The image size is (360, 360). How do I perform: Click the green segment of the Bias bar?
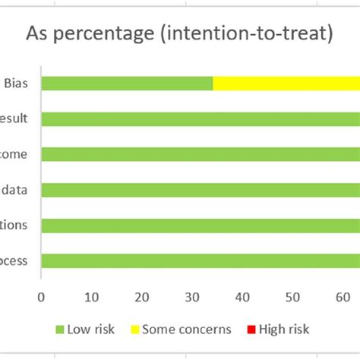(x=127, y=84)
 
